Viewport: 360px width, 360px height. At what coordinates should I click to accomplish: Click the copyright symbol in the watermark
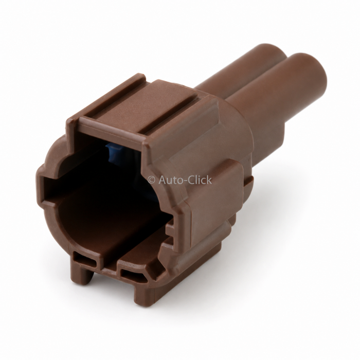point(152,180)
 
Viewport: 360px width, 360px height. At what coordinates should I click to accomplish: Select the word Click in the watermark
point(200,179)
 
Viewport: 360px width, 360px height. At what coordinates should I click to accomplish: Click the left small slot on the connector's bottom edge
point(86,261)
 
